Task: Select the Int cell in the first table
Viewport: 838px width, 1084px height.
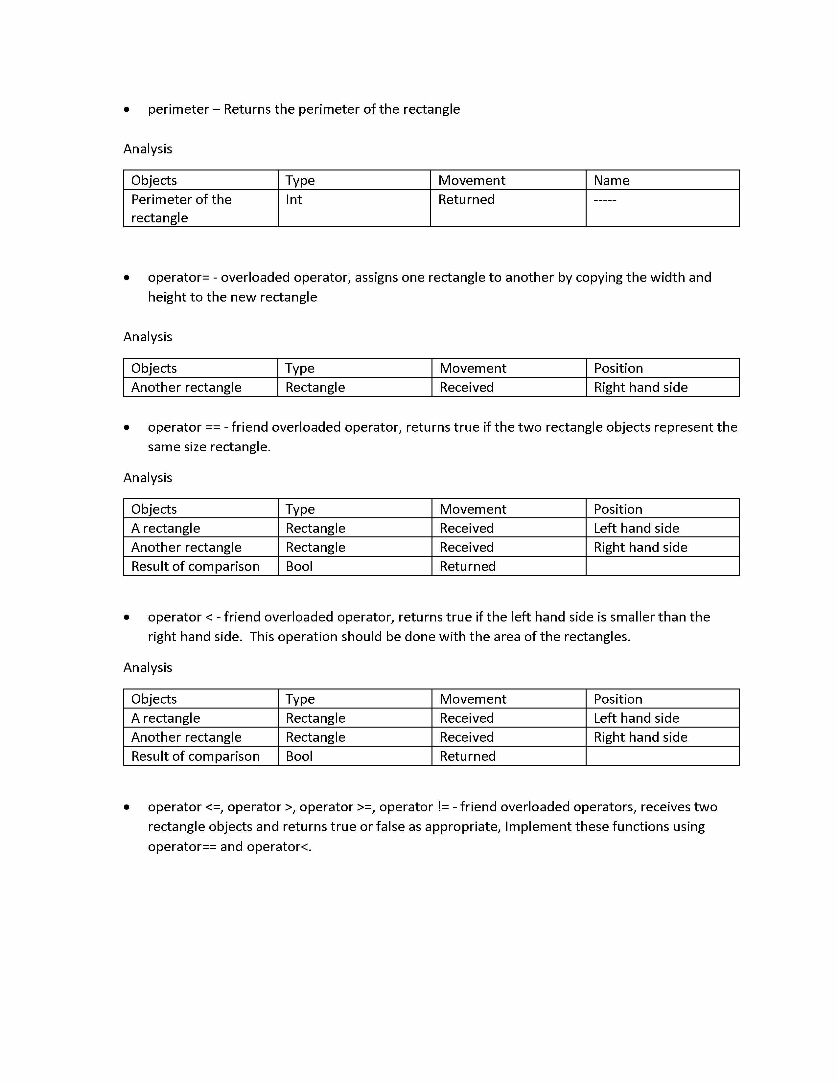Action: [294, 199]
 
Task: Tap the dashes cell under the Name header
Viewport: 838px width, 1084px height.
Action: [605, 199]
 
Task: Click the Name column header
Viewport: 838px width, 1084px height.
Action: [611, 180]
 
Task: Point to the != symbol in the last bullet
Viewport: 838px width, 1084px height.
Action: [443, 807]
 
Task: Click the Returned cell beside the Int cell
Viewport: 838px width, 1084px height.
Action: [466, 199]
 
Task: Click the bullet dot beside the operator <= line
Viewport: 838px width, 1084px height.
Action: [127, 807]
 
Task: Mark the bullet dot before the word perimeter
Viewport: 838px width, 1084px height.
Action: [127, 110]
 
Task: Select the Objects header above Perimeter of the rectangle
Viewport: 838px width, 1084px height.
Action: [154, 180]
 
